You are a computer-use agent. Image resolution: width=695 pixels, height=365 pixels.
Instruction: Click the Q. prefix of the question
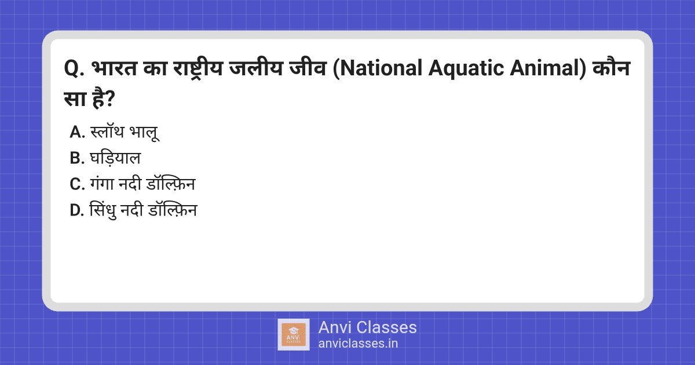tap(74, 72)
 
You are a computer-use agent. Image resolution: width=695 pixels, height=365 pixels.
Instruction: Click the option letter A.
tap(77, 133)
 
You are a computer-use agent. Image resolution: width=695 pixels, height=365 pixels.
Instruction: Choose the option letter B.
tap(77, 159)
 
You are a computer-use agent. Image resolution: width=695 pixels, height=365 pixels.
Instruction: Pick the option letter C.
tap(77, 185)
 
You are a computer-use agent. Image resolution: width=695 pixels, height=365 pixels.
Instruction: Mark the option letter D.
tap(77, 211)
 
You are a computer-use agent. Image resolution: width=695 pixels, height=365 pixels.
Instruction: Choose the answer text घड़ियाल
tap(116, 159)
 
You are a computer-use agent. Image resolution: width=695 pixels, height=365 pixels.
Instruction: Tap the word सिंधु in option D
tap(103, 211)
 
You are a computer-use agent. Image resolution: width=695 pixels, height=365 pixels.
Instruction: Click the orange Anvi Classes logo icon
tap(294, 335)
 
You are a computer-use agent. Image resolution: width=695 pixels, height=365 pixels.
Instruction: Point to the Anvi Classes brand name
tap(367, 327)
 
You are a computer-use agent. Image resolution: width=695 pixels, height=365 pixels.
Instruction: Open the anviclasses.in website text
tap(358, 343)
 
